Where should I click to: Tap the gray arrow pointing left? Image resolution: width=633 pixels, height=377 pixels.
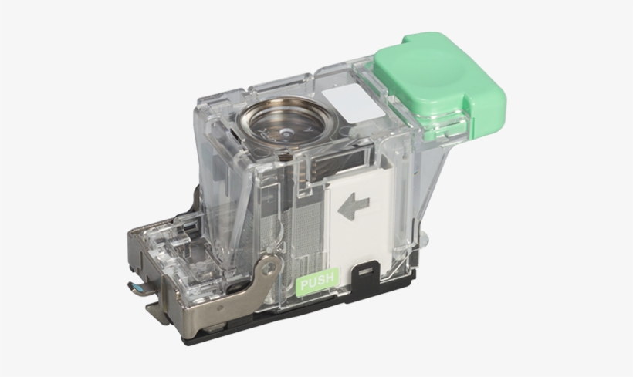point(354,204)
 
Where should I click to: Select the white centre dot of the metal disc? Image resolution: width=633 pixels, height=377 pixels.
point(286,131)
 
